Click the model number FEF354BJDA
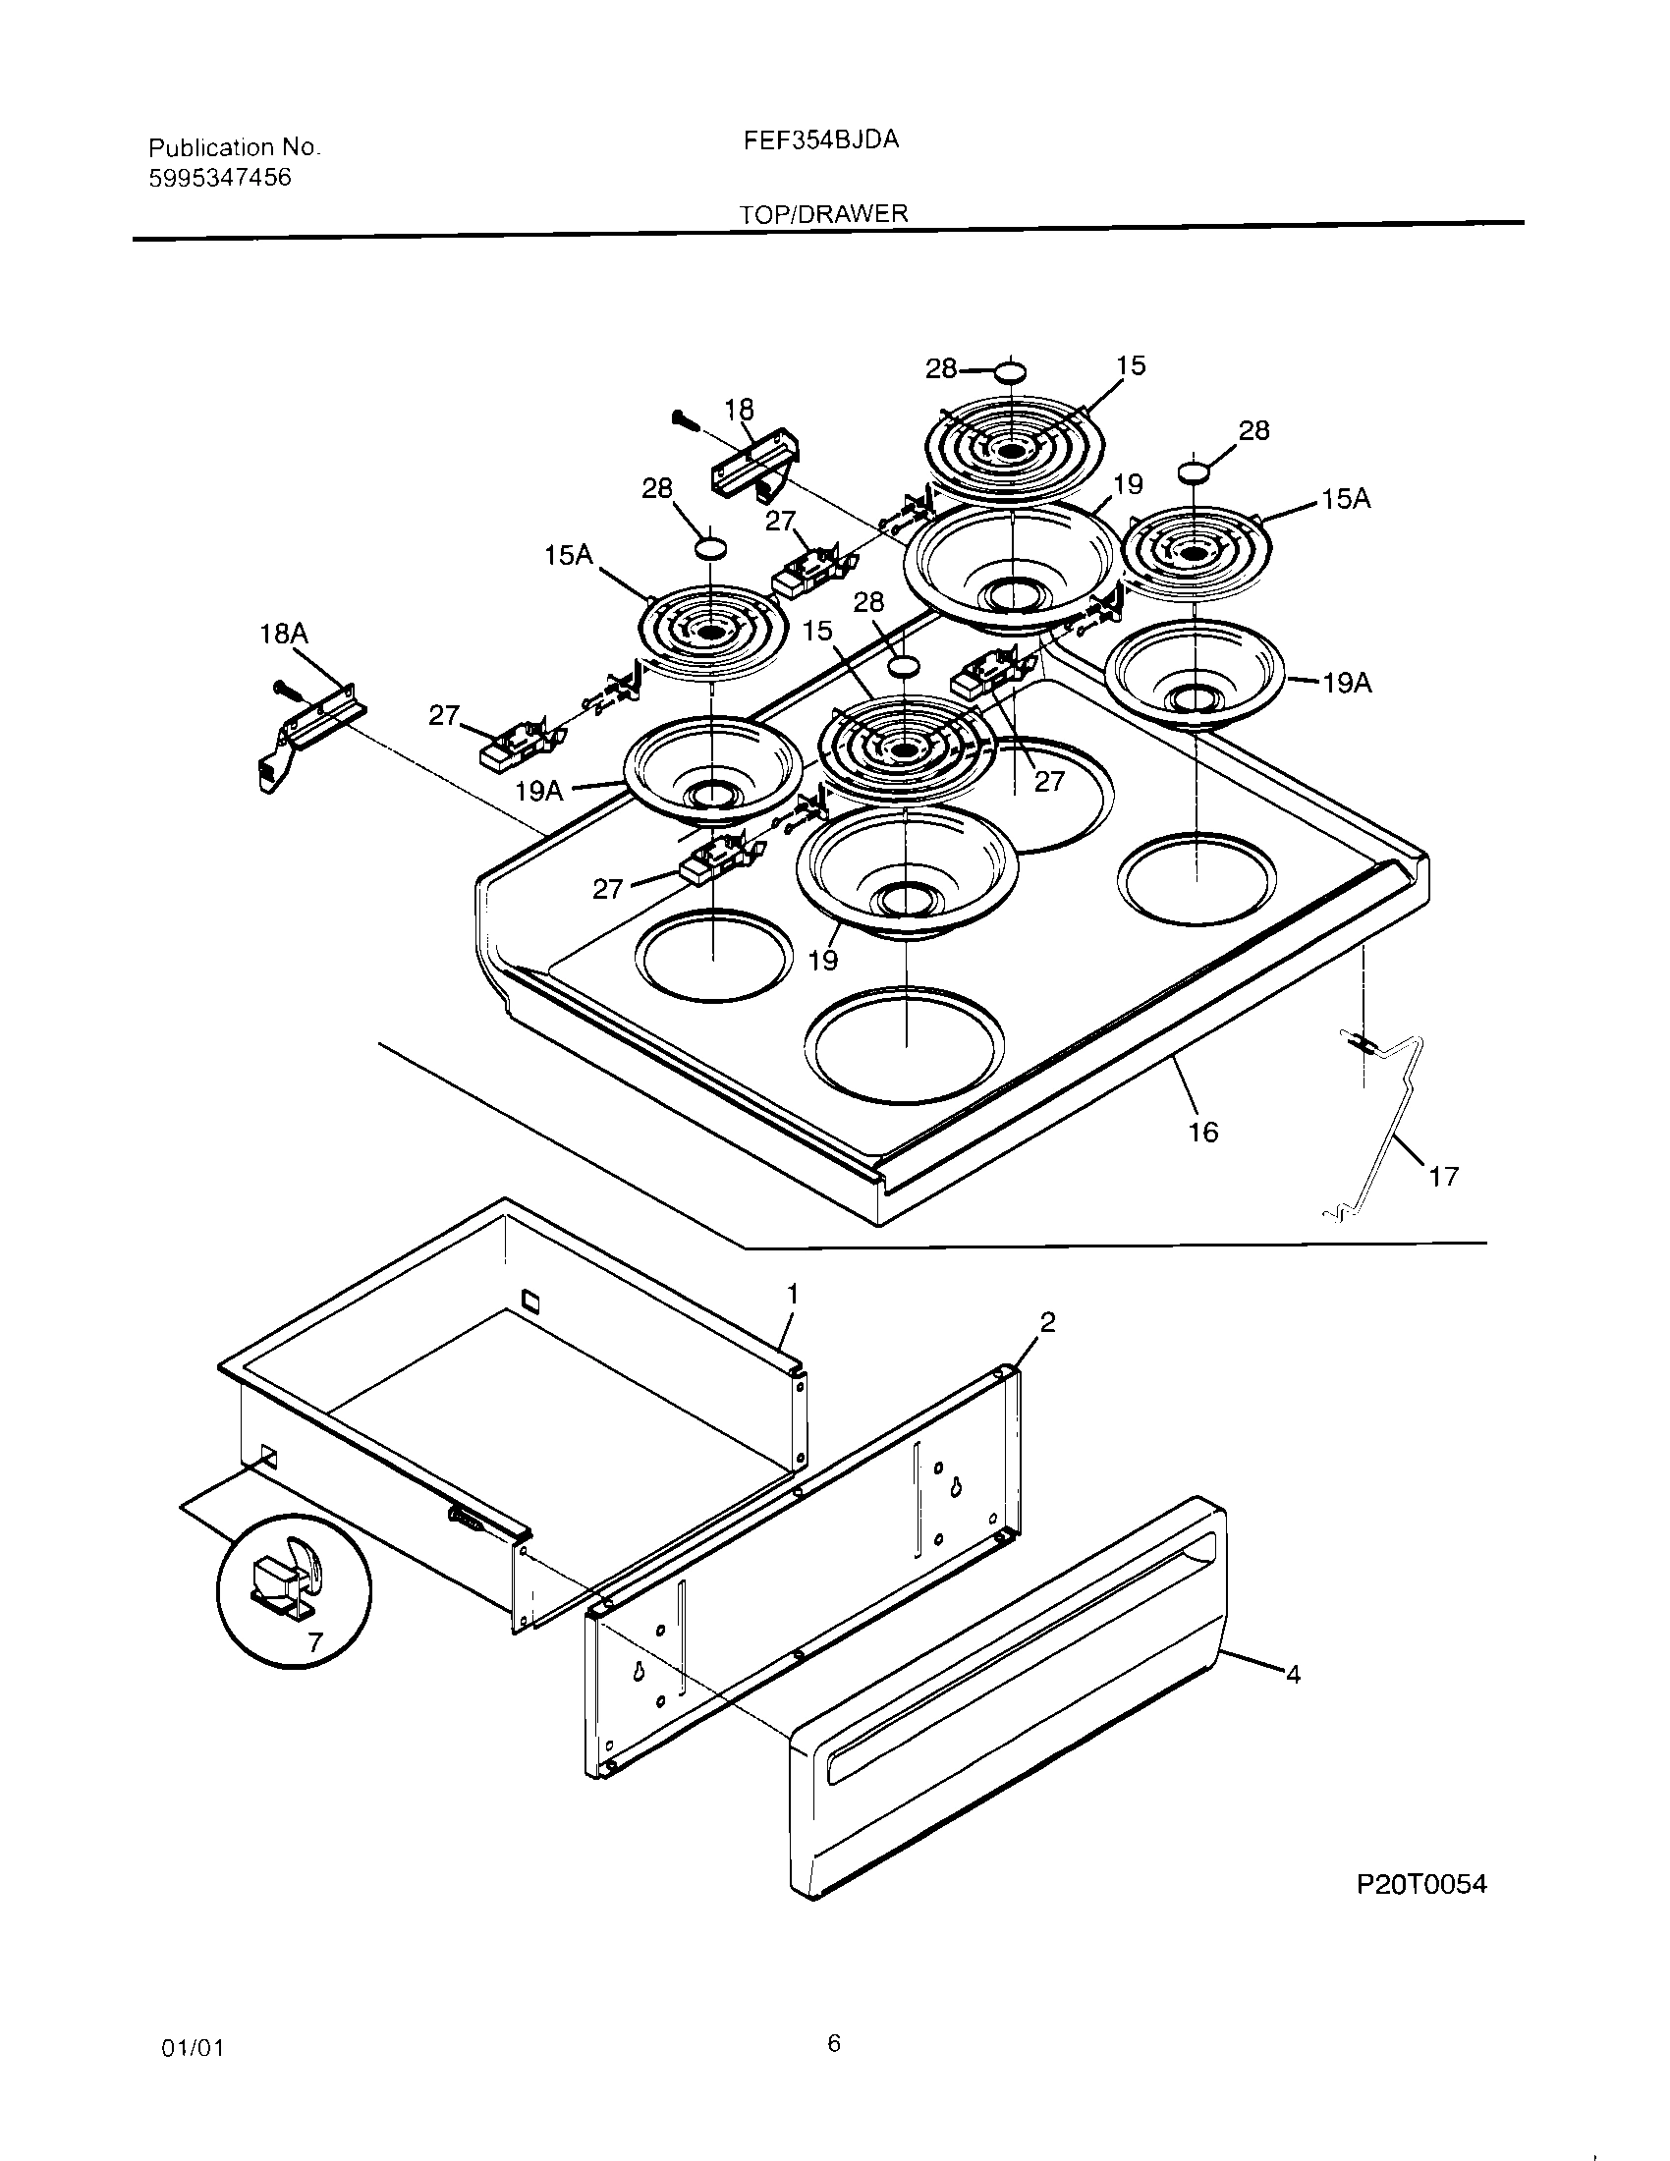click(x=820, y=140)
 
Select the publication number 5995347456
click(x=220, y=178)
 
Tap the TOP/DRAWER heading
click(x=823, y=213)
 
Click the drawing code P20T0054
click(x=1420, y=1884)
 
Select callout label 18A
click(x=283, y=634)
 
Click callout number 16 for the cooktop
click(x=1202, y=1132)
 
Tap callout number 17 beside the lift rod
click(x=1443, y=1176)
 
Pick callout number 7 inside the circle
click(x=314, y=1643)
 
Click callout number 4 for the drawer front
click(x=1292, y=1674)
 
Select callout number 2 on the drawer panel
click(x=1048, y=1322)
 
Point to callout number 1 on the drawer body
click(x=792, y=1295)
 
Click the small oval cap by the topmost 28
click(x=1011, y=372)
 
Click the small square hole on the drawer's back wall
click(x=530, y=1299)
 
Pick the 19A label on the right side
click(x=1347, y=683)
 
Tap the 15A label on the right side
click(x=1346, y=500)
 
